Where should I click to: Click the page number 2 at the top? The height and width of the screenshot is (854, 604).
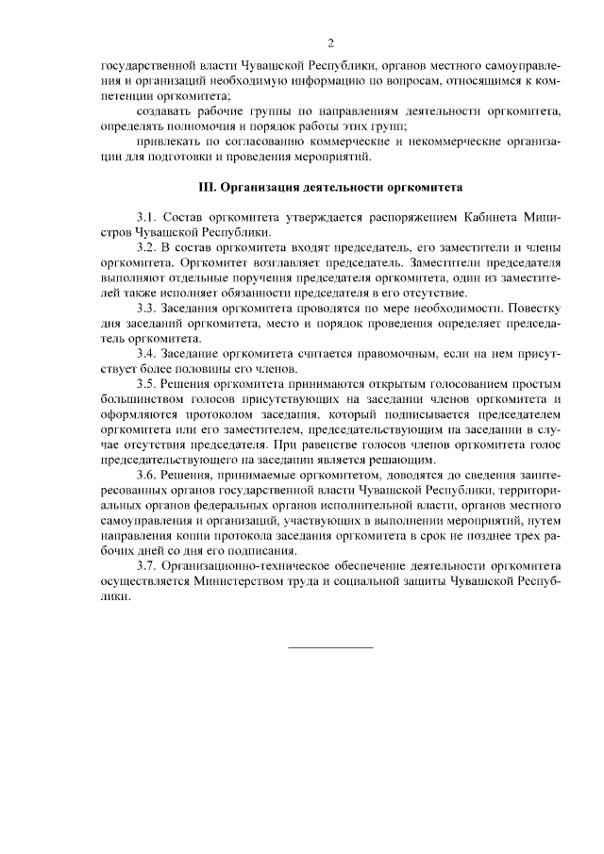click(330, 42)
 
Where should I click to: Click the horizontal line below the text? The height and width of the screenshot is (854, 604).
click(329, 647)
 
